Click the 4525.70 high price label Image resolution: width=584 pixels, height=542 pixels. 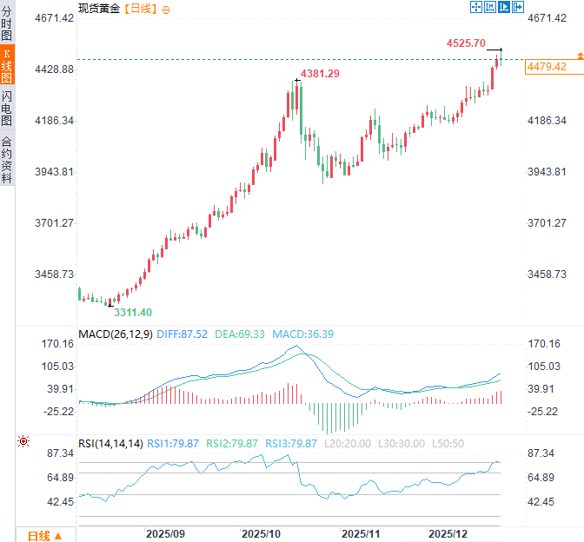click(x=465, y=43)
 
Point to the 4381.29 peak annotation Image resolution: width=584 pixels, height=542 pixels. click(x=320, y=74)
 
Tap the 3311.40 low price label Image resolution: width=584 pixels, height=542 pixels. click(x=133, y=313)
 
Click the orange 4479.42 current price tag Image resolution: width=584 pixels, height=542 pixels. click(x=547, y=67)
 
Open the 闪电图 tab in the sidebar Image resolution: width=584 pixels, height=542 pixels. click(x=7, y=109)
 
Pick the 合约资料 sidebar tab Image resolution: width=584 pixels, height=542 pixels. click(x=7, y=160)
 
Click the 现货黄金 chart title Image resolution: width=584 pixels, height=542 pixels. click(x=99, y=8)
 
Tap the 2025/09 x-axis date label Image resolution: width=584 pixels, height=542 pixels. click(x=165, y=532)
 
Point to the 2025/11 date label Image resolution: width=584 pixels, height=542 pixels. click(x=362, y=532)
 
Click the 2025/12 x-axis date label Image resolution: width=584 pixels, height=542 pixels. click(x=450, y=532)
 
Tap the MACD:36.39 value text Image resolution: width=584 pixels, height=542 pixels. click(x=303, y=334)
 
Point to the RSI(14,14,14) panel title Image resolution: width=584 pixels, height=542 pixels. click(x=110, y=444)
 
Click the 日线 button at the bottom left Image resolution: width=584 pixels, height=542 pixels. click(x=43, y=535)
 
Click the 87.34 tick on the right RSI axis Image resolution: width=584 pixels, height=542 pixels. click(x=547, y=453)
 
